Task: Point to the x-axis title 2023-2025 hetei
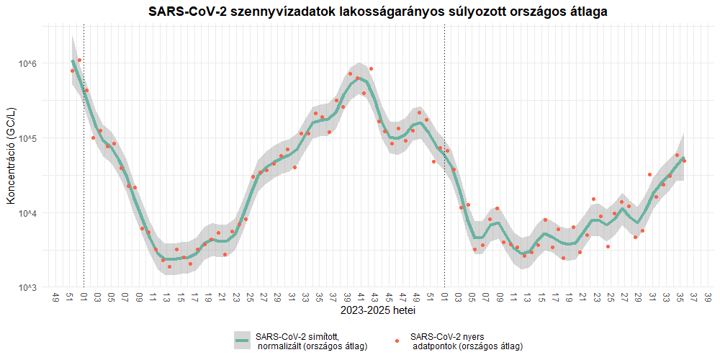[x=377, y=312]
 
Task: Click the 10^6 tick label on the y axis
[x=27, y=64]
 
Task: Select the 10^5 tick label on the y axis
[x=27, y=138]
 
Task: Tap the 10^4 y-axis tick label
[x=27, y=213]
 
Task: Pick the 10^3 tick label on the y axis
[x=27, y=287]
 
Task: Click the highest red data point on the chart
[x=79, y=60]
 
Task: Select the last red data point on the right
[x=684, y=161]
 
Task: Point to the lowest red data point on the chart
[x=170, y=266]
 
